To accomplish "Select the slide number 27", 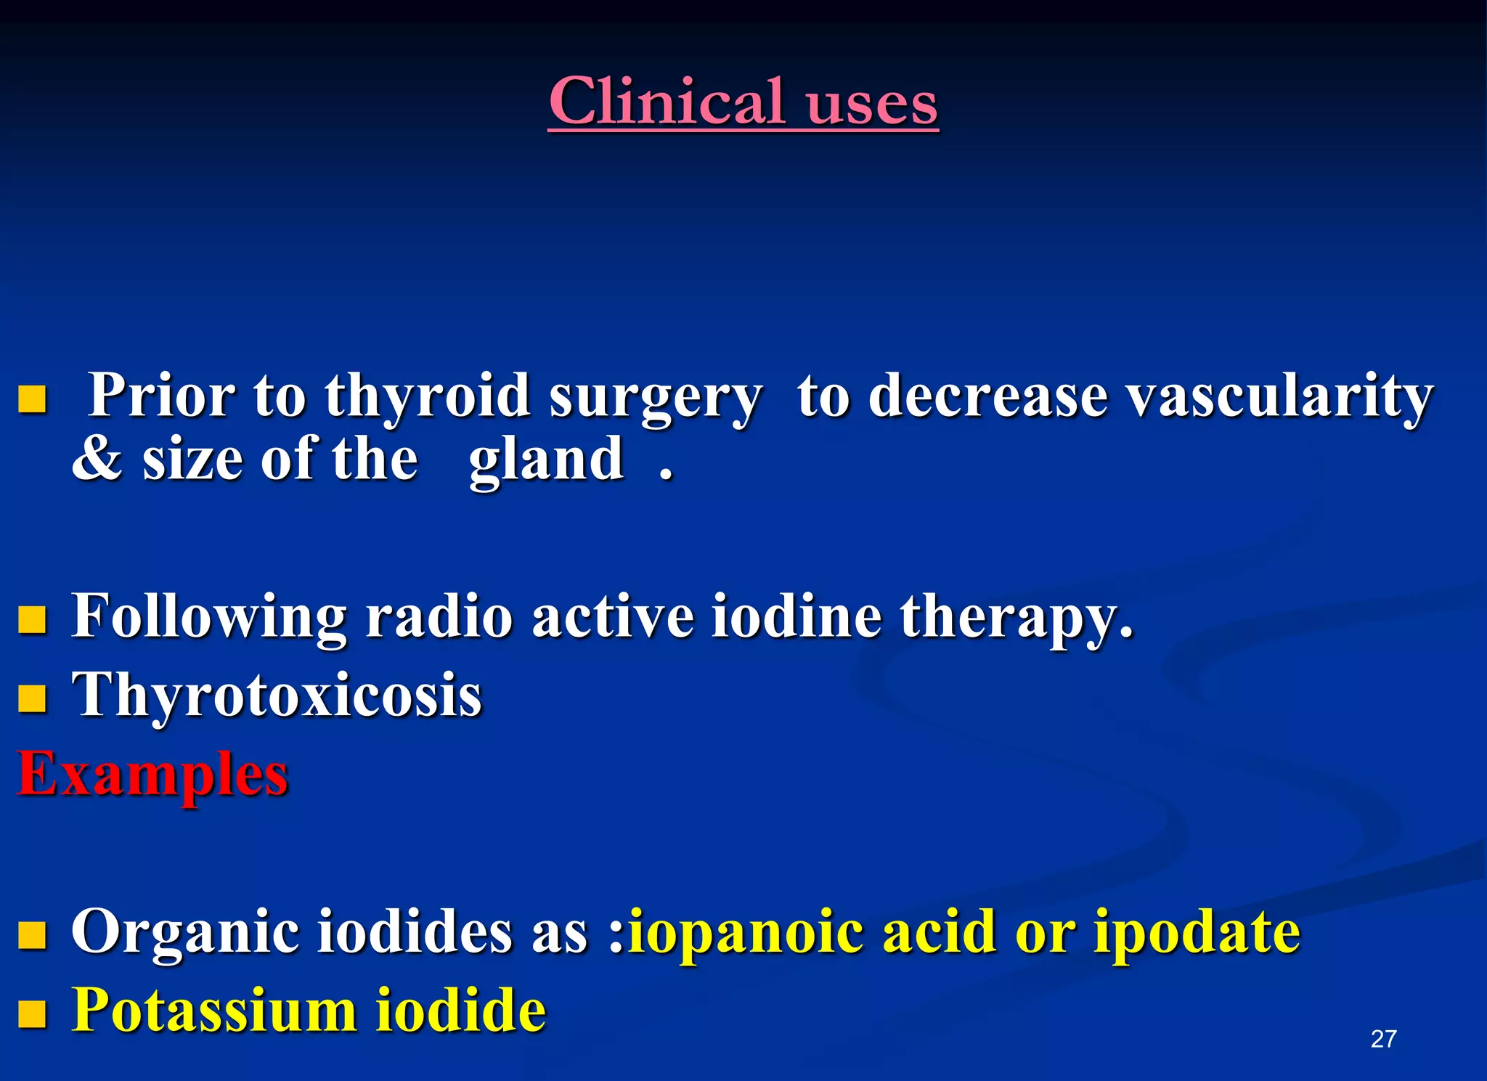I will tap(1383, 1039).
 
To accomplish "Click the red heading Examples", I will tap(152, 774).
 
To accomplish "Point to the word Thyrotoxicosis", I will tap(277, 695).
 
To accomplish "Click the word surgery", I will tap(655, 397).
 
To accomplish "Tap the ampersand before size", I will tap(97, 459).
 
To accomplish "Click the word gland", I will tap(546, 460).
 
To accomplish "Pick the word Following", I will tap(209, 616).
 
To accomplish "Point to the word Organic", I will tap(185, 932).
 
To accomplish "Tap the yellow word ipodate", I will tap(1197, 932).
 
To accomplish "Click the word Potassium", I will tap(214, 1010).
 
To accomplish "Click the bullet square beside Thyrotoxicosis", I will tap(32, 698).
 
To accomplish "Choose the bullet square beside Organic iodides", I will tap(32, 935).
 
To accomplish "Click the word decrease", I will tap(987, 397).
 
